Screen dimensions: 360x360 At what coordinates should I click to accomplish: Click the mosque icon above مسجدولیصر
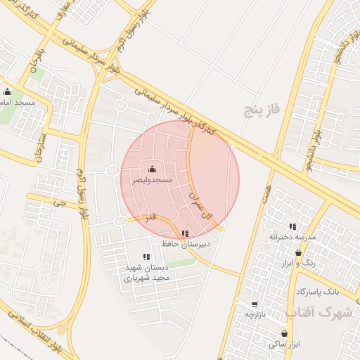(153, 169)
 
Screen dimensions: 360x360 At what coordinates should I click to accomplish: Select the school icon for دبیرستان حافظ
(185, 233)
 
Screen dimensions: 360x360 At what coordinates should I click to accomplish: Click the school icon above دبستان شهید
(146, 257)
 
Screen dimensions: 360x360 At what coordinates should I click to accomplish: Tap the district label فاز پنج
(262, 110)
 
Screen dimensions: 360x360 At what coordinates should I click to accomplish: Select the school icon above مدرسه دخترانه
(292, 226)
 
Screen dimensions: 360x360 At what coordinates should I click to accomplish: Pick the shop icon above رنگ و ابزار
(298, 252)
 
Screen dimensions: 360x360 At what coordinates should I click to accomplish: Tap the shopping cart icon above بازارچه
(255, 304)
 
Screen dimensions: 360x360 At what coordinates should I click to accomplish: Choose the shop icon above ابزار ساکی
(285, 333)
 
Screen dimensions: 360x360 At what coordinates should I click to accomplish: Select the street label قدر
(150, 219)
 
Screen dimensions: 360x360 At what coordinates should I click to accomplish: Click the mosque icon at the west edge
(8, 91)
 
